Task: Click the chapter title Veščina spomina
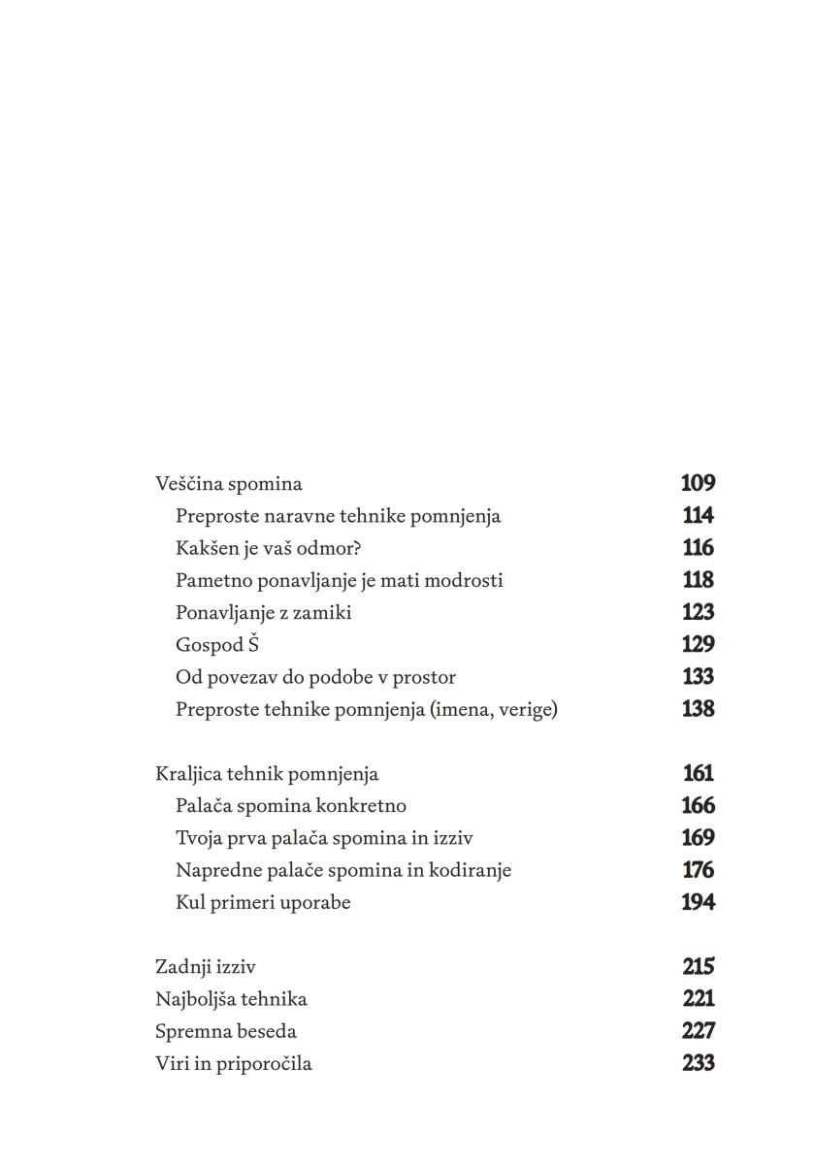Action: point(229,483)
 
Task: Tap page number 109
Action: point(698,483)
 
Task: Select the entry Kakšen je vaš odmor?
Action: point(268,548)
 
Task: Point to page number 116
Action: point(698,548)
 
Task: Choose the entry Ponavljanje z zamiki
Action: point(263,612)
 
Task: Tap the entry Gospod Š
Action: point(217,644)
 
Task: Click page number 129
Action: point(698,644)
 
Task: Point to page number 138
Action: point(698,709)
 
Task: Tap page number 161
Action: point(698,774)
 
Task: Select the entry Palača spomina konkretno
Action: point(290,805)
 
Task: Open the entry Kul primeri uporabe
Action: point(263,902)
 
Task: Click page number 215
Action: point(698,967)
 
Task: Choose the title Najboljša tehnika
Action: point(231,998)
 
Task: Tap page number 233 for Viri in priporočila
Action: point(698,1063)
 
